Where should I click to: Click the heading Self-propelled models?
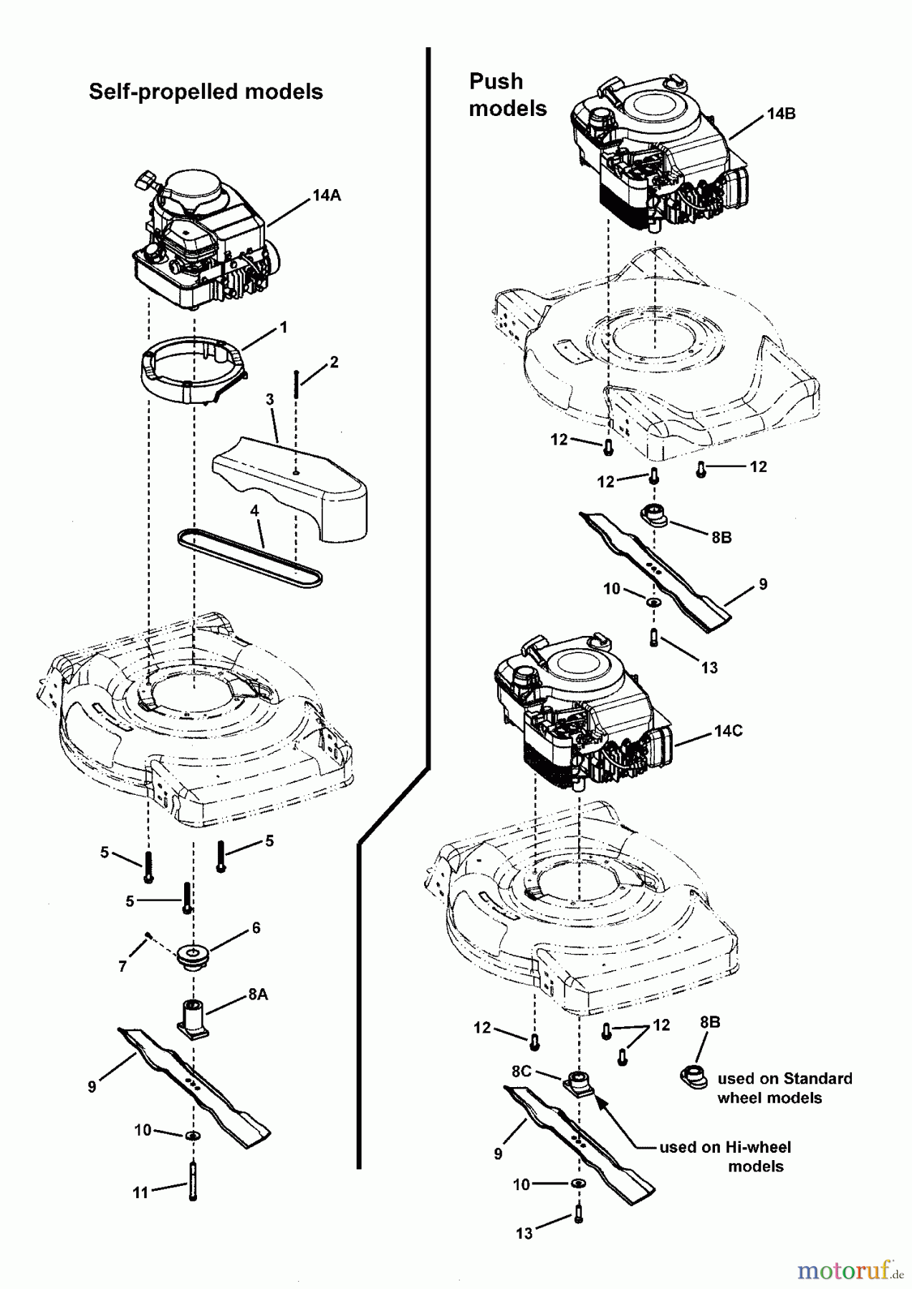[x=206, y=92]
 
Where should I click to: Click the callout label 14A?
[x=327, y=195]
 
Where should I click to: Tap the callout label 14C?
[x=728, y=731]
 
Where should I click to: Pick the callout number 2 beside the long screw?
[x=334, y=362]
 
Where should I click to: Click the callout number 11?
[x=140, y=1192]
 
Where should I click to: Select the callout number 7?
[x=123, y=967]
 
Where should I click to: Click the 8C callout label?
[x=522, y=1071]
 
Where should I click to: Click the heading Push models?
[x=507, y=95]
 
